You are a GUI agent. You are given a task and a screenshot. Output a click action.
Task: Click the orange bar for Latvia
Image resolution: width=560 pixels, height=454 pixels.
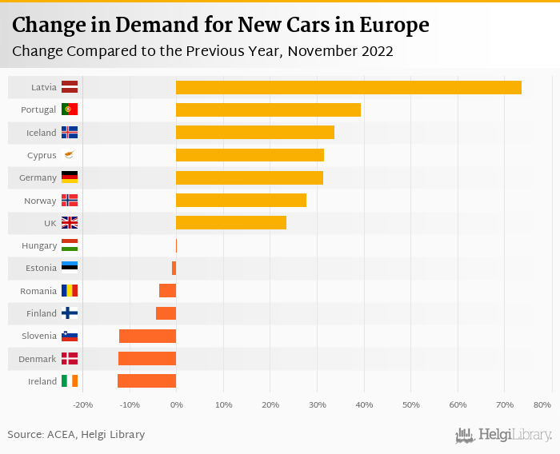click(348, 87)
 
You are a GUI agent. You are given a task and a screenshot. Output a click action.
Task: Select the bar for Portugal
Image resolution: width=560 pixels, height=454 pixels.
click(268, 110)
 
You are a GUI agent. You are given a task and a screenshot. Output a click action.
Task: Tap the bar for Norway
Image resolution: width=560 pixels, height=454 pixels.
click(241, 200)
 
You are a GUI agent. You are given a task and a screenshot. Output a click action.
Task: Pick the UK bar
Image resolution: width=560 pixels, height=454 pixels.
click(231, 222)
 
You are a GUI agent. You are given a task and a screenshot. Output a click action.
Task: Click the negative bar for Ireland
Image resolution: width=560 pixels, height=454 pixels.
click(146, 380)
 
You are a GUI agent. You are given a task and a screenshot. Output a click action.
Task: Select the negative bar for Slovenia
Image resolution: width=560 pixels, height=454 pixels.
click(147, 336)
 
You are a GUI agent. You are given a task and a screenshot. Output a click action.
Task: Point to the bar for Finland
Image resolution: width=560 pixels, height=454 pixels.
click(166, 313)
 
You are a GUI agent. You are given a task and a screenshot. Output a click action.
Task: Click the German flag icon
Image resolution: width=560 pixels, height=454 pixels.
click(70, 177)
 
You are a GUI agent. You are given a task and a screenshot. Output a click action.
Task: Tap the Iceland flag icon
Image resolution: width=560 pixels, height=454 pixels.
click(70, 133)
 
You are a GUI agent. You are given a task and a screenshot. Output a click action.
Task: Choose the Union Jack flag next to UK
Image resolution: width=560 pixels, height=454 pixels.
click(70, 223)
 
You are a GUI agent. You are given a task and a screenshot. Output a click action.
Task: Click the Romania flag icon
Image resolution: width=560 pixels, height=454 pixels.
click(70, 291)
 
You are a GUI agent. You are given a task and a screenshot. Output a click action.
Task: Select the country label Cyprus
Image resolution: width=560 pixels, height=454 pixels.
click(42, 155)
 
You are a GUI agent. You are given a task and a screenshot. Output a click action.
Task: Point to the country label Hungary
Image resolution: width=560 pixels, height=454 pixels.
click(40, 245)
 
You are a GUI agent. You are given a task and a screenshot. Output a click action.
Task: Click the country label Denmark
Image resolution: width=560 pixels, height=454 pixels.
click(38, 359)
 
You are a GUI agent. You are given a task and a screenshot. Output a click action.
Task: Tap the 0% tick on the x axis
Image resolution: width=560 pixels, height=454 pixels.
click(176, 404)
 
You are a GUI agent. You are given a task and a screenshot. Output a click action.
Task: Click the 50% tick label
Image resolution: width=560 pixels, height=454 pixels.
click(410, 404)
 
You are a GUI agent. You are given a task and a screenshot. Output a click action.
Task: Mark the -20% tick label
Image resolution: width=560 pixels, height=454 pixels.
click(82, 404)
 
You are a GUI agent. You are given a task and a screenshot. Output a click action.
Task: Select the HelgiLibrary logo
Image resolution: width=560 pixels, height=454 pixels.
click(503, 435)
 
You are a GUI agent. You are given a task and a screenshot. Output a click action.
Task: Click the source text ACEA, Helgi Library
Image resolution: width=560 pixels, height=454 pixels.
click(99, 435)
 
